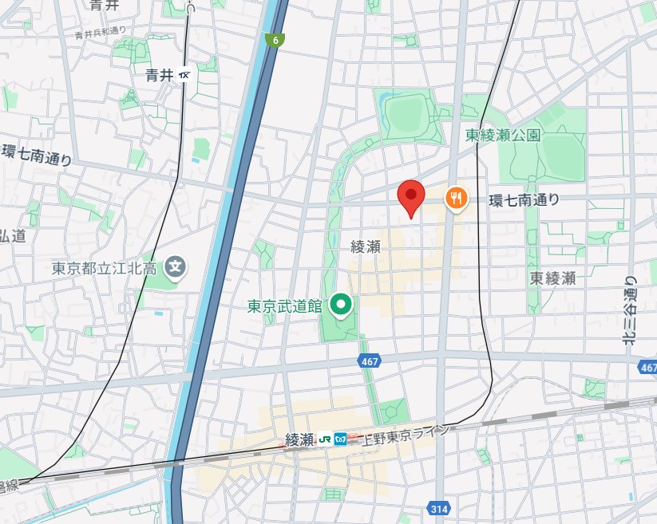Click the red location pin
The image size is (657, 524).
(410, 195)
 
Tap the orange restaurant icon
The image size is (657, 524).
(455, 198)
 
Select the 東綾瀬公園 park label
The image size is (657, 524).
(503, 135)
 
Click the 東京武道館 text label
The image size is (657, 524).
(283, 305)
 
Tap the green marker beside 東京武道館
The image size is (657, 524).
(342, 305)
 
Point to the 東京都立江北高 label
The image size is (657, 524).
(105, 267)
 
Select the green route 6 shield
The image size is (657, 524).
(275, 40)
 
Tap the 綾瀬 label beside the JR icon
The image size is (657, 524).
(300, 439)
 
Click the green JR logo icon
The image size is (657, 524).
(325, 439)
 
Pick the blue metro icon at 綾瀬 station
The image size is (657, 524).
(340, 439)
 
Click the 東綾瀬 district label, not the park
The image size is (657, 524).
(552, 278)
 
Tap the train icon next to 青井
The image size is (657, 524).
(186, 75)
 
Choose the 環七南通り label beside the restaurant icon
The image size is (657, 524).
(524, 199)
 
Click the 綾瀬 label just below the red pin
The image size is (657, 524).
(365, 247)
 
